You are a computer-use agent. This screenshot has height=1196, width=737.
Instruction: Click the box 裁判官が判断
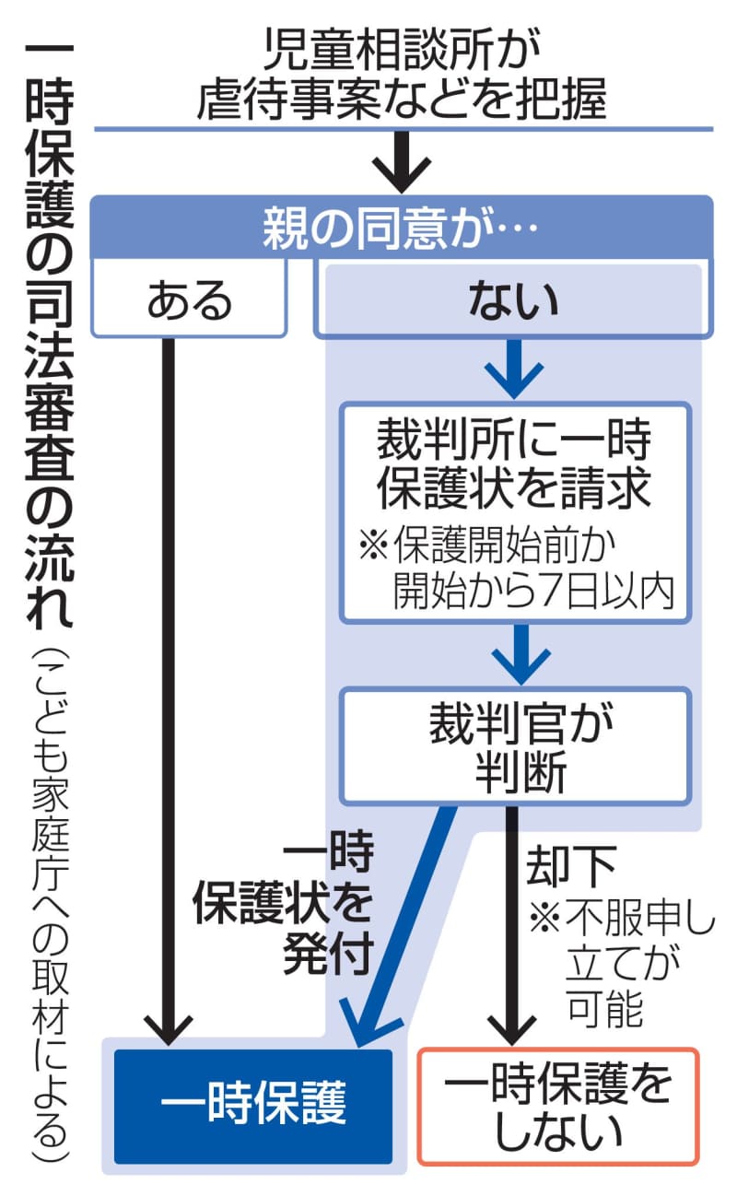[x=515, y=745]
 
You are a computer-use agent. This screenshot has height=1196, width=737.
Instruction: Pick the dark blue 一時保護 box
[x=252, y=1104]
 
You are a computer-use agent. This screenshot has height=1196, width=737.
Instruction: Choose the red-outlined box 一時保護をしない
[x=558, y=1104]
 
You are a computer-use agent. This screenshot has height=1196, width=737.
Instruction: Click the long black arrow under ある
[x=169, y=691]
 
